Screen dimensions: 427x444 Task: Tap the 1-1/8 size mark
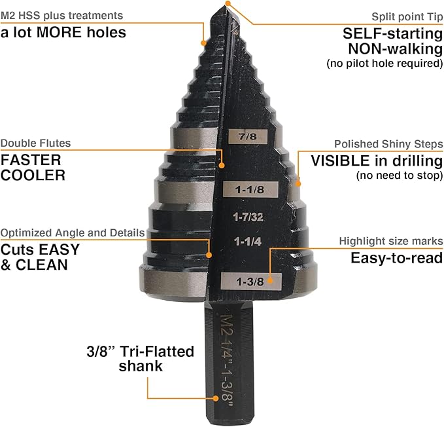(x=250, y=189)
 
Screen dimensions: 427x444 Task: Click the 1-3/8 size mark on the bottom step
(x=251, y=281)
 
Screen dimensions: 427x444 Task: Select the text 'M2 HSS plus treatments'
(x=61, y=14)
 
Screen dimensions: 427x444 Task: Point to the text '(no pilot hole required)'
(x=384, y=64)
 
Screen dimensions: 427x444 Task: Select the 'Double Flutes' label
(x=35, y=143)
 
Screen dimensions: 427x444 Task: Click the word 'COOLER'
(x=33, y=175)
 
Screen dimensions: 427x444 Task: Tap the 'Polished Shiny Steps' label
(x=388, y=143)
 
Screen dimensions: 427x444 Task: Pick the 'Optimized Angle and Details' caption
(x=73, y=232)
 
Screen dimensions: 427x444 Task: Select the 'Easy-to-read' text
(x=396, y=258)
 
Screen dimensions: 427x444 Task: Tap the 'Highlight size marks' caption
(x=390, y=241)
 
